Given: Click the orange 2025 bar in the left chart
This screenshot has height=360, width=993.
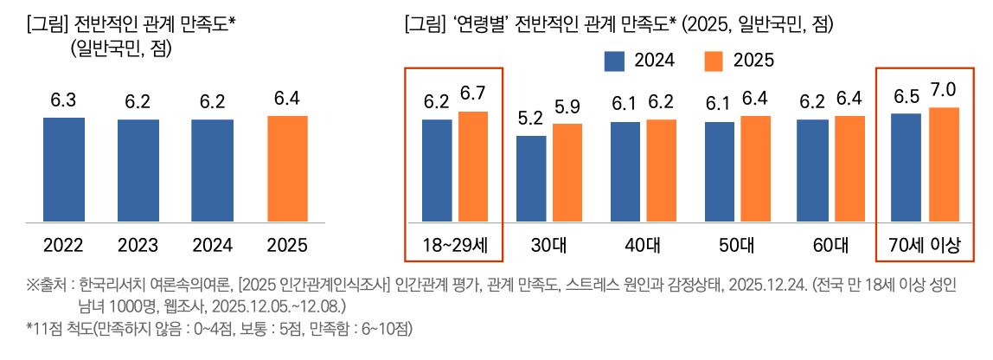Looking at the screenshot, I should click(286, 169).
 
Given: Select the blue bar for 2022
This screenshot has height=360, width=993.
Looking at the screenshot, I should click(64, 170).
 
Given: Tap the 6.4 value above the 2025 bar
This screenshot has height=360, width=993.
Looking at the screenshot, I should click(286, 99).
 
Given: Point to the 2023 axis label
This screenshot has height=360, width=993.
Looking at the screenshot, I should click(138, 246).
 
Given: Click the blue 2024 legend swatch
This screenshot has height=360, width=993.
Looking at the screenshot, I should click(614, 61).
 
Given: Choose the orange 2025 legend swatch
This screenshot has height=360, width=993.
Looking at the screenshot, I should click(714, 61).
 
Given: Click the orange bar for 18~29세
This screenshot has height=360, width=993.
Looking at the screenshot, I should click(473, 166).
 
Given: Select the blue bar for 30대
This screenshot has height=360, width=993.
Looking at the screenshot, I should click(531, 178).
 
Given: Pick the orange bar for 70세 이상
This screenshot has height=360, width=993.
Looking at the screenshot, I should click(944, 164).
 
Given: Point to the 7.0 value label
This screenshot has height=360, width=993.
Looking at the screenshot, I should click(944, 90).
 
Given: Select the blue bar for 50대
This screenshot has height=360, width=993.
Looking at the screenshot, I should click(720, 171).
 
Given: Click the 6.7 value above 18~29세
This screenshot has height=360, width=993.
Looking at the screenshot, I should click(473, 93).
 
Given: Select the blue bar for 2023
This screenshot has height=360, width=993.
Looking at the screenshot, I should click(138, 170).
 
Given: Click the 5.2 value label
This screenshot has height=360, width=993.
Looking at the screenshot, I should click(530, 118).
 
